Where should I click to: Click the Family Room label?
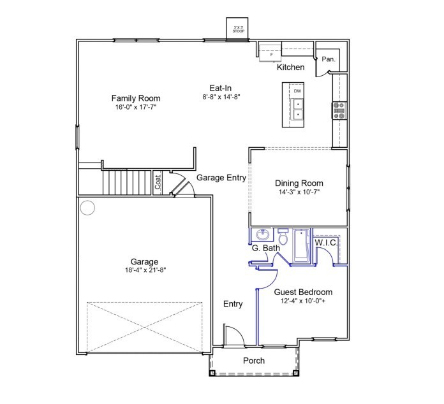coord(135,98)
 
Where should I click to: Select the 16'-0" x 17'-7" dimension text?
coord(135,108)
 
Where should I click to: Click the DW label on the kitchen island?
coord(297,91)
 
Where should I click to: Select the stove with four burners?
coord(339,111)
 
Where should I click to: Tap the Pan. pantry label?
coord(329,59)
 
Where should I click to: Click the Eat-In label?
coord(221,87)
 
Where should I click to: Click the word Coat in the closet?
coord(158,182)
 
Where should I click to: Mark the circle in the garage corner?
coord(87,207)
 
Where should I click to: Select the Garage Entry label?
coord(221,178)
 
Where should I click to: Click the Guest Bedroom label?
coord(303,292)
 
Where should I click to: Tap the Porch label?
coord(254,361)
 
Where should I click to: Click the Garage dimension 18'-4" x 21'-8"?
coord(145,271)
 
